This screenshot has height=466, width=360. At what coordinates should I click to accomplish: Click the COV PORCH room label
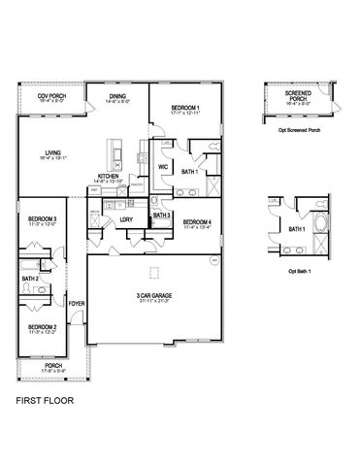51,96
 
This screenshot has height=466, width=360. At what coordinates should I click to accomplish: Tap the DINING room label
117,96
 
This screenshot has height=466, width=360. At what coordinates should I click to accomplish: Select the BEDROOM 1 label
185,107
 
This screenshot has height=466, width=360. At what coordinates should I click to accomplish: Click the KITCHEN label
108,176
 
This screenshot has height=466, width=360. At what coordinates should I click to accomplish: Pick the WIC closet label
164,167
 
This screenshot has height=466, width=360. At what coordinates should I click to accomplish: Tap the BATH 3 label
162,215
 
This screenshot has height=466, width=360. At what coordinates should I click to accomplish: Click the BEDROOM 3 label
42,219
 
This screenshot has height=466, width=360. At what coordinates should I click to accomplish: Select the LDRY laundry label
125,219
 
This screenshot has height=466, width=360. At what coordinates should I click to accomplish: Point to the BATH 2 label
29,279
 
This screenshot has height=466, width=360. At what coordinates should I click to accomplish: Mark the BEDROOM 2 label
42,326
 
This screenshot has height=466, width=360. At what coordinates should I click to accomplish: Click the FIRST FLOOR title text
44,399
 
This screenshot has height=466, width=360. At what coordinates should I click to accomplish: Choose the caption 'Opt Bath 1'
297,271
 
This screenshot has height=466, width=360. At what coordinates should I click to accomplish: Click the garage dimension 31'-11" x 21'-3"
153,301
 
